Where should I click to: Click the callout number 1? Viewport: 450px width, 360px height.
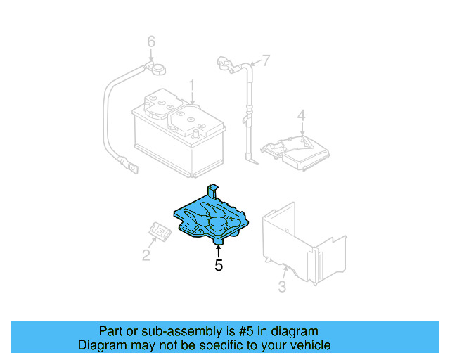[x=191, y=86]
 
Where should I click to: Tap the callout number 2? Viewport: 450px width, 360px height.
[x=146, y=255]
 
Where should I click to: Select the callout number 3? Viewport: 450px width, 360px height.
[x=282, y=286]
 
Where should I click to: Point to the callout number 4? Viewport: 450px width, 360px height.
[x=301, y=115]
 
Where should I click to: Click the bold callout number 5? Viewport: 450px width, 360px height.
[x=219, y=265]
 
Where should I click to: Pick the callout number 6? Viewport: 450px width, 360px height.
[x=150, y=43]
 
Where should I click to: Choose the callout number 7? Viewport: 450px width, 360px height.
[x=266, y=59]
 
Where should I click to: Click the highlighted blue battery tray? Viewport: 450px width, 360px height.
[x=211, y=218]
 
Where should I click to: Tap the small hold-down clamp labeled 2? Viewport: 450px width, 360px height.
[x=160, y=231]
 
